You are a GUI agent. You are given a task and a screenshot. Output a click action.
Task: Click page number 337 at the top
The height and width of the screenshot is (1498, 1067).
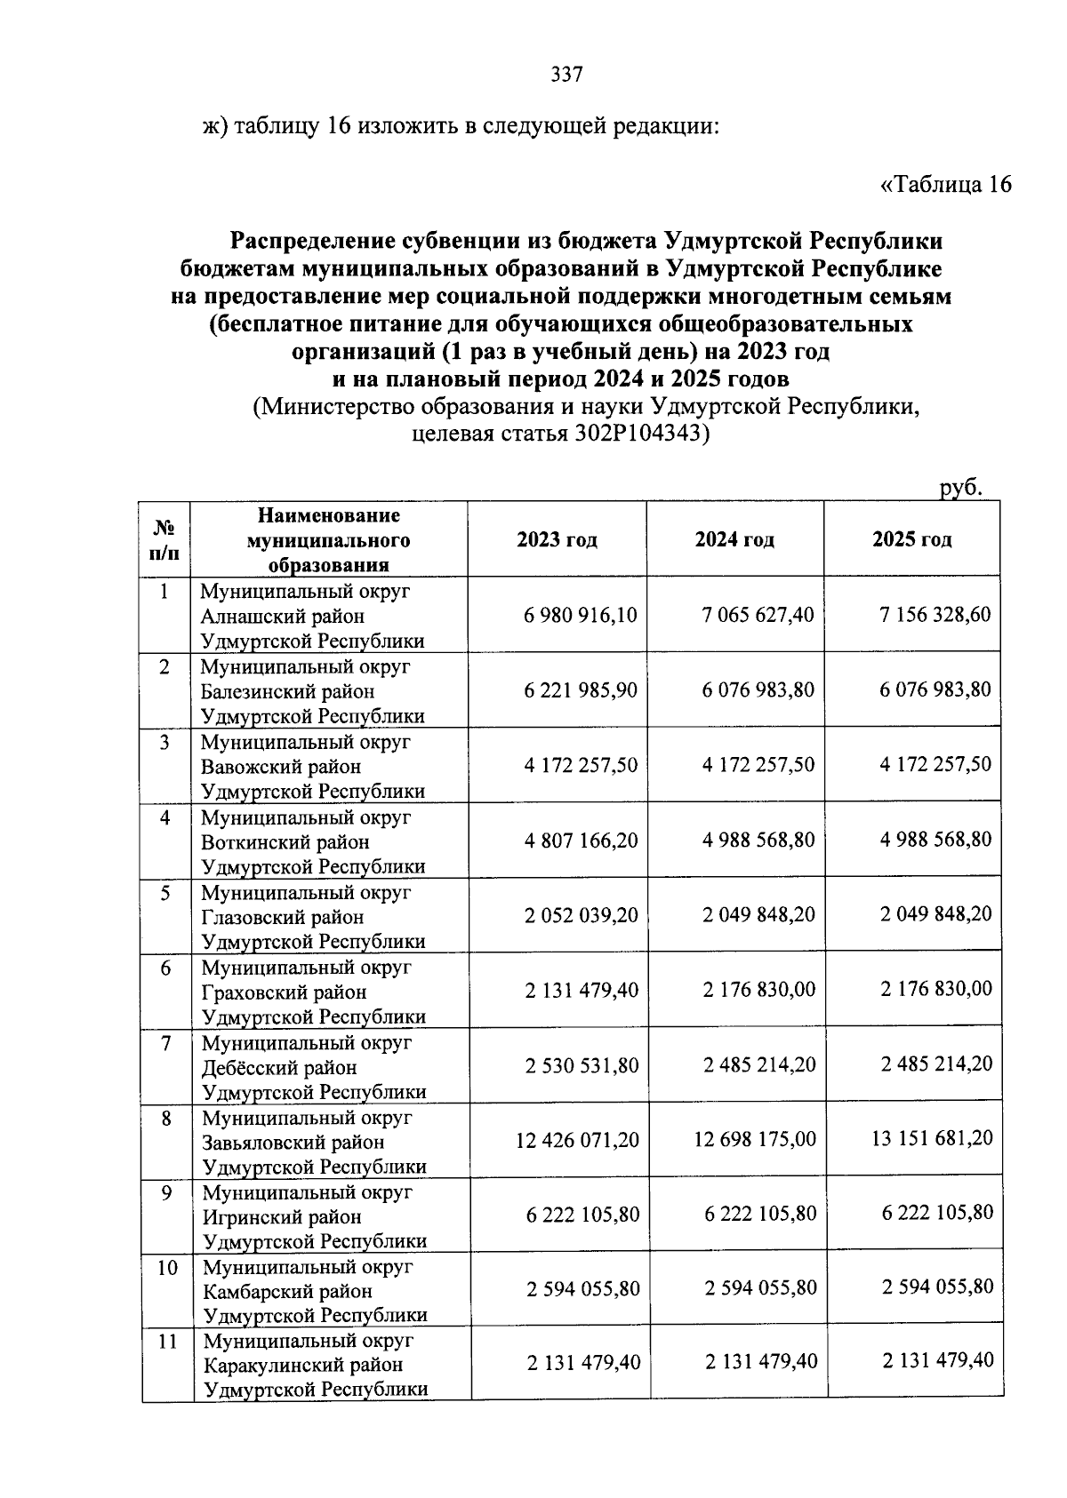(x=566, y=75)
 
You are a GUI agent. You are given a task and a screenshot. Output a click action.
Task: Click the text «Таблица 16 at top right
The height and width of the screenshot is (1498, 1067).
(x=945, y=185)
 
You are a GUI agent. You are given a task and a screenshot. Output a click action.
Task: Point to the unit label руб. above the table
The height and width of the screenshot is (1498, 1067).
(x=960, y=487)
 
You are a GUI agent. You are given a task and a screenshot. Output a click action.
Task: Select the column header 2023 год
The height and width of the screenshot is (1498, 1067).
(x=557, y=539)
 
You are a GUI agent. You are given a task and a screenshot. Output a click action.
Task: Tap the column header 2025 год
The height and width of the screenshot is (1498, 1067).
(x=911, y=538)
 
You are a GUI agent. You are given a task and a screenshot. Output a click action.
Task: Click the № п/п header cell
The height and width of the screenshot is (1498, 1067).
(x=165, y=539)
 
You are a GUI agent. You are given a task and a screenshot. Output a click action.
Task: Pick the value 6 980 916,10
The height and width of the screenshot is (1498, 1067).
(x=581, y=615)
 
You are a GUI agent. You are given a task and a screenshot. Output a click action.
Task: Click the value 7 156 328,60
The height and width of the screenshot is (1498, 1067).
(x=935, y=615)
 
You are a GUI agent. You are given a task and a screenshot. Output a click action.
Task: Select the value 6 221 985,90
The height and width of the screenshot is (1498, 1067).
(x=581, y=690)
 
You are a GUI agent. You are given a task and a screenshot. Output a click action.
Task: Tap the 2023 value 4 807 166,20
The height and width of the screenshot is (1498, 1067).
(x=581, y=840)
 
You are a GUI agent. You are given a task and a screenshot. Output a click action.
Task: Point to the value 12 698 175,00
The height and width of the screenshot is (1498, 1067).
(x=755, y=1139)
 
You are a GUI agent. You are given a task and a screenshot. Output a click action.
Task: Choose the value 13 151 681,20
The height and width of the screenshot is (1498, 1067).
(x=933, y=1138)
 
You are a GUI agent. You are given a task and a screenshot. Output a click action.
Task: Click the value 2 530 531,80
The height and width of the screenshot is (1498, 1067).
(x=582, y=1064)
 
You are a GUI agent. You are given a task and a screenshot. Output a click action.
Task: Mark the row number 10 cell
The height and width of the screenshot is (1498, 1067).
(x=167, y=1267)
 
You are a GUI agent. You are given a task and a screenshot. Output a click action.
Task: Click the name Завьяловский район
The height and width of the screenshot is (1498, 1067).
(x=293, y=1142)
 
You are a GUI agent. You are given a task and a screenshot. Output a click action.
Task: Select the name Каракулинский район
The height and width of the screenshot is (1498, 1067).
(x=302, y=1365)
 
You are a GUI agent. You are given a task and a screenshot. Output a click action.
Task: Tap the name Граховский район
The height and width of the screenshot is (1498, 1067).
(x=284, y=992)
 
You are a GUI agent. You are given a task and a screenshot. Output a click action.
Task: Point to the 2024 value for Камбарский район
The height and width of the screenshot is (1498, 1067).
(x=760, y=1288)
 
